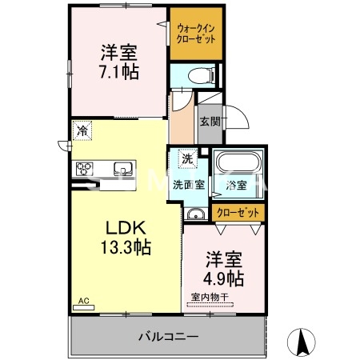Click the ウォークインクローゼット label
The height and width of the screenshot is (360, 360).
(x=195, y=34)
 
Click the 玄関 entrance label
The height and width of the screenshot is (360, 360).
(x=210, y=122)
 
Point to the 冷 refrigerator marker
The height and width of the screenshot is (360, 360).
(x=82, y=128)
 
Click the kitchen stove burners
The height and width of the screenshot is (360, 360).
(x=85, y=168)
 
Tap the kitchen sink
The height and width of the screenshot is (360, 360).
(x=122, y=169)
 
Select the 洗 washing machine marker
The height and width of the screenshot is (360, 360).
(x=186, y=158)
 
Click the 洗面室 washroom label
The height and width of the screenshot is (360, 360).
(x=189, y=185)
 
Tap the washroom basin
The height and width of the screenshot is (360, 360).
(x=194, y=213)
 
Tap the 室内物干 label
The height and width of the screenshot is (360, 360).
(x=210, y=298)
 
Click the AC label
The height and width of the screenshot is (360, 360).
(x=82, y=302)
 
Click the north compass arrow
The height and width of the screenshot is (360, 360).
(x=302, y=342)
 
